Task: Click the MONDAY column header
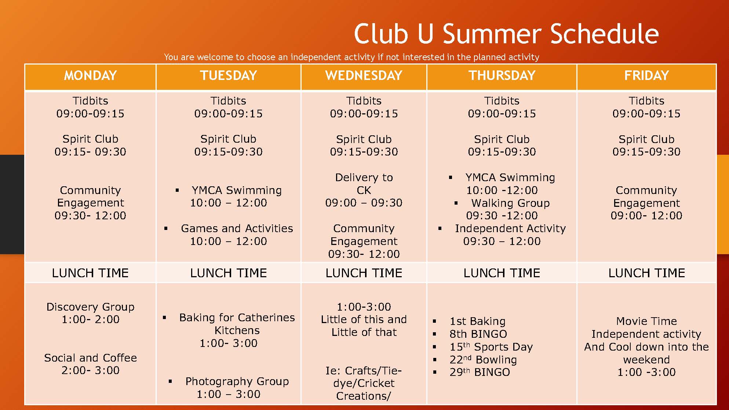point(90,76)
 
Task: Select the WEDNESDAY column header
point(364,76)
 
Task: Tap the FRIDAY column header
point(646,76)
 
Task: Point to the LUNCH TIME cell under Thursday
point(502,273)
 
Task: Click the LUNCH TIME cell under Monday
point(90,273)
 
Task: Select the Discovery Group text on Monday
point(90,307)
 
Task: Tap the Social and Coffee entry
point(90,358)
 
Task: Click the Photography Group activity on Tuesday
point(237,382)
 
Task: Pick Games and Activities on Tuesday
point(237,228)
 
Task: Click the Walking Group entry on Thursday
point(510,203)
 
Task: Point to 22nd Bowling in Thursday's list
point(483,360)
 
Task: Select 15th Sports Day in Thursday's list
point(491,347)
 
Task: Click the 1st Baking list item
point(477,321)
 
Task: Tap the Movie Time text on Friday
point(646,321)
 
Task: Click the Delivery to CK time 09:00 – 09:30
point(364,203)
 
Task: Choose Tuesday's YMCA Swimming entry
point(237,190)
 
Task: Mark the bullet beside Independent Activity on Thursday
point(440,228)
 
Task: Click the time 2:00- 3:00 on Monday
point(90,370)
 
